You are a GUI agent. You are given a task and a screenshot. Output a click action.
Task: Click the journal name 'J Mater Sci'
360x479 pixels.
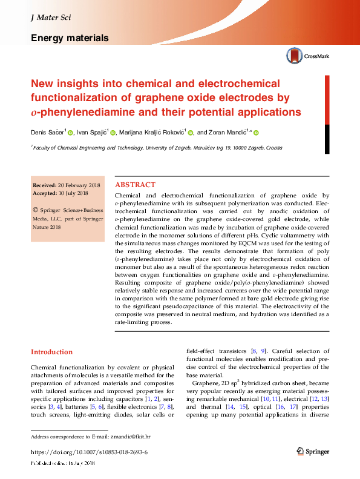[x=51, y=18]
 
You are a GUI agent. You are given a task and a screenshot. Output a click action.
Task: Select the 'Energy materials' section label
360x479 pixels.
[x=70, y=38]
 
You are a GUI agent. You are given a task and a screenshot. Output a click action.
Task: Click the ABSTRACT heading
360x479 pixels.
[x=135, y=185]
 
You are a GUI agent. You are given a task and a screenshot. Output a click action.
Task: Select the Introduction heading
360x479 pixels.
[x=51, y=352]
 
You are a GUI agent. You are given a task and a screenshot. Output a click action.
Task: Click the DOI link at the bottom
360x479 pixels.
[x=89, y=452]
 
